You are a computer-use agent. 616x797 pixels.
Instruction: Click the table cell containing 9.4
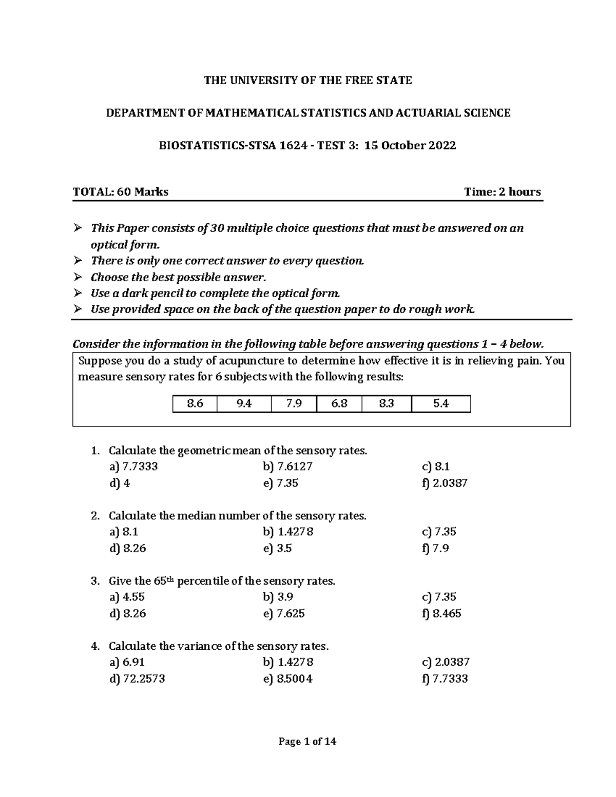click(x=244, y=404)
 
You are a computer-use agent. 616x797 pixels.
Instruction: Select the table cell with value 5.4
click(x=440, y=404)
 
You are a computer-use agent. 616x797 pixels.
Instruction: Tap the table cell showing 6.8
click(x=339, y=404)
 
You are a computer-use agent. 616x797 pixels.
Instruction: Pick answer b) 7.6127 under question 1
click(x=287, y=466)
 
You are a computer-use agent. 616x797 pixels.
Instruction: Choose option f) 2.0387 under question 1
click(x=445, y=483)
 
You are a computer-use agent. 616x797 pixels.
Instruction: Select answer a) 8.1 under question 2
click(x=124, y=532)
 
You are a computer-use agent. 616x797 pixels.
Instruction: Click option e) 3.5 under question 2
click(x=277, y=548)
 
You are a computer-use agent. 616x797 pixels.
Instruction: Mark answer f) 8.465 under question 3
click(x=441, y=613)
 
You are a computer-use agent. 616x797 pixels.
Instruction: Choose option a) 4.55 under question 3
click(x=127, y=597)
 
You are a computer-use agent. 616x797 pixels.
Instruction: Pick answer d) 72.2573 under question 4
click(x=137, y=679)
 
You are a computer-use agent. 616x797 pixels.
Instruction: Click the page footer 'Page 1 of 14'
click(x=307, y=742)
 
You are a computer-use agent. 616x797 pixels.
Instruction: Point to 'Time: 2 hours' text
click(x=502, y=192)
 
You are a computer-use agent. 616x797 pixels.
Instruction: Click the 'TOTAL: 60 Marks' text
click(x=121, y=192)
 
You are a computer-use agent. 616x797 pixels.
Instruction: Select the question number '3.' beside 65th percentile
click(x=95, y=581)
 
